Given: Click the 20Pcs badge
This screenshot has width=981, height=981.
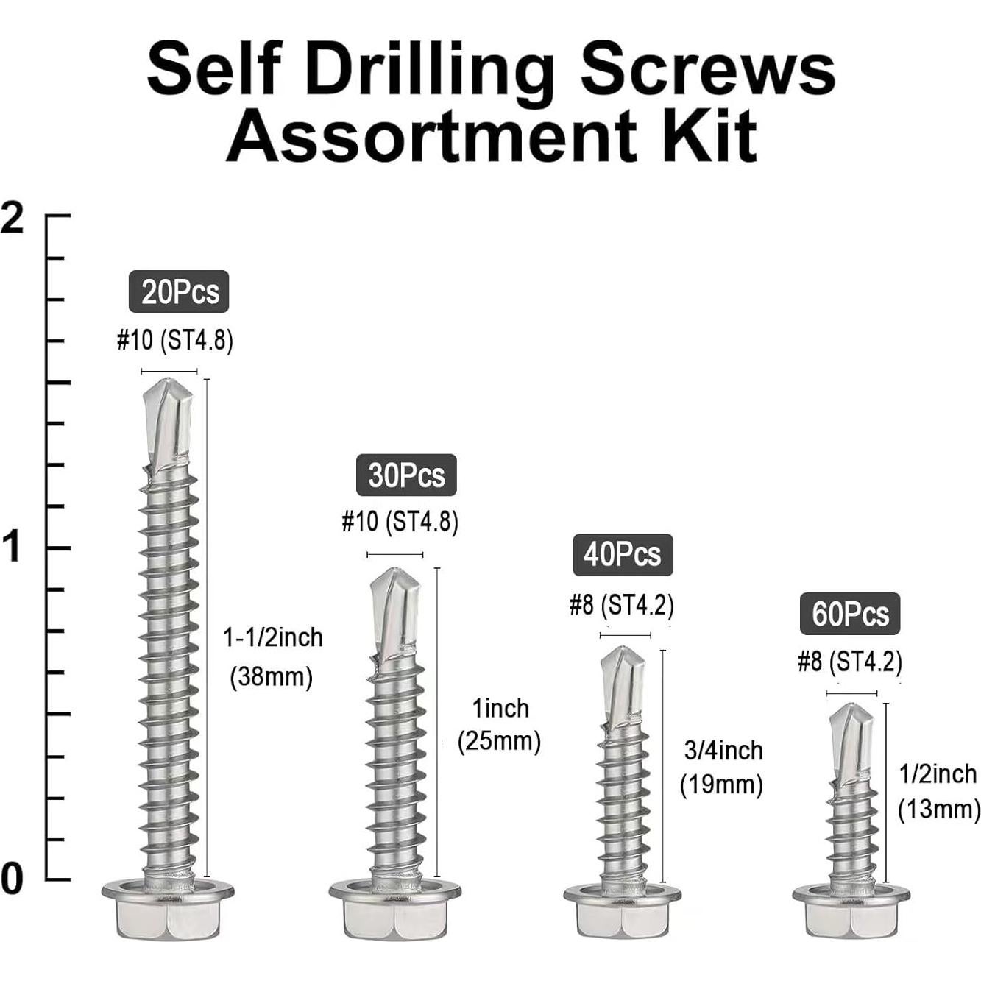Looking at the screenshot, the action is (179, 291).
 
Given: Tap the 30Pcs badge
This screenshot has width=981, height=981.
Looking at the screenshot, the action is (406, 475).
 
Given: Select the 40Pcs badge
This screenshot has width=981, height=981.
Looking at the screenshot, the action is (623, 555).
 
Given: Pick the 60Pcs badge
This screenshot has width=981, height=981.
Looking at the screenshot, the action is (850, 614).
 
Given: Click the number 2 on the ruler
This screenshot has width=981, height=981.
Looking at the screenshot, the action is (12, 216).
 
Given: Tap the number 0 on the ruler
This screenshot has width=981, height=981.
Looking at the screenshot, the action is (12, 879).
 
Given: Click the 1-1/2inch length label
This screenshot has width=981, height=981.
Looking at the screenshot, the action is (273, 638).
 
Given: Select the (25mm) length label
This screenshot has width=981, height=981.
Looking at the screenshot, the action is (499, 742).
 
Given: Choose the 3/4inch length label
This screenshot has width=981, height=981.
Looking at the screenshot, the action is (723, 751).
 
